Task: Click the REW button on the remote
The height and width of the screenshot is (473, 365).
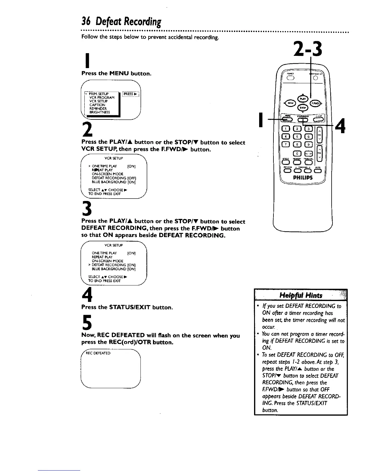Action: point(290,103)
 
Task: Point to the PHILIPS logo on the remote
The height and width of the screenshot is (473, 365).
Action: point(302,178)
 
